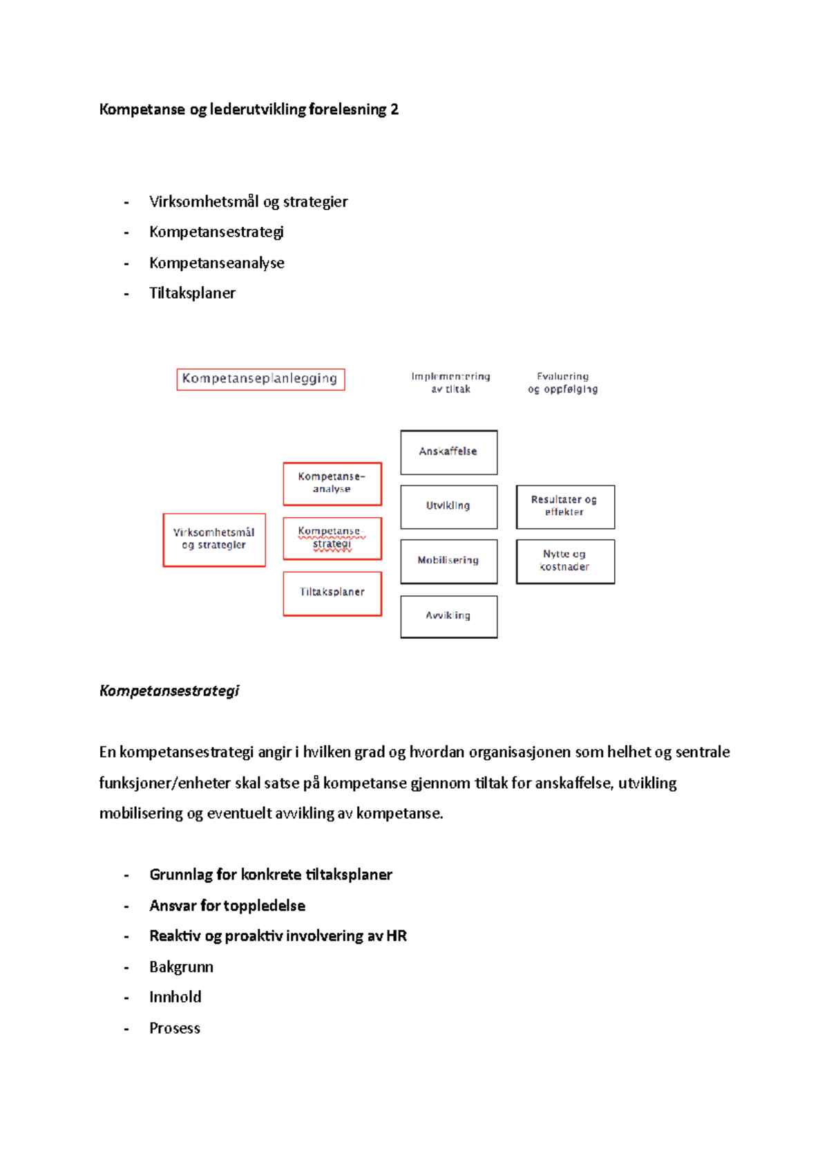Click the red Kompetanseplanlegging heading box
(260, 379)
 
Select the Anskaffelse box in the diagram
(448, 452)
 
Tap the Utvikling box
(448, 506)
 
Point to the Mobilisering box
(448, 561)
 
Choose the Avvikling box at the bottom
(448, 616)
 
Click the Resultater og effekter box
(564, 506)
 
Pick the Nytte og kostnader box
(564, 561)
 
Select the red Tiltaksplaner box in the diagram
(332, 593)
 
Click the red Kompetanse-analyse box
(332, 483)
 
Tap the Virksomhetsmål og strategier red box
(214, 539)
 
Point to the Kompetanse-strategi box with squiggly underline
(332, 538)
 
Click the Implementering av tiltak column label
(450, 383)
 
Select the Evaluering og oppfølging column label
(562, 383)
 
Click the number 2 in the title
(394, 109)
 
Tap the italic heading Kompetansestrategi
(169, 691)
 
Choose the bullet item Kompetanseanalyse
(216, 263)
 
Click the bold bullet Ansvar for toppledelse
(227, 906)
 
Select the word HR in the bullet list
(397, 936)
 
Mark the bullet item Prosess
(175, 1028)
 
